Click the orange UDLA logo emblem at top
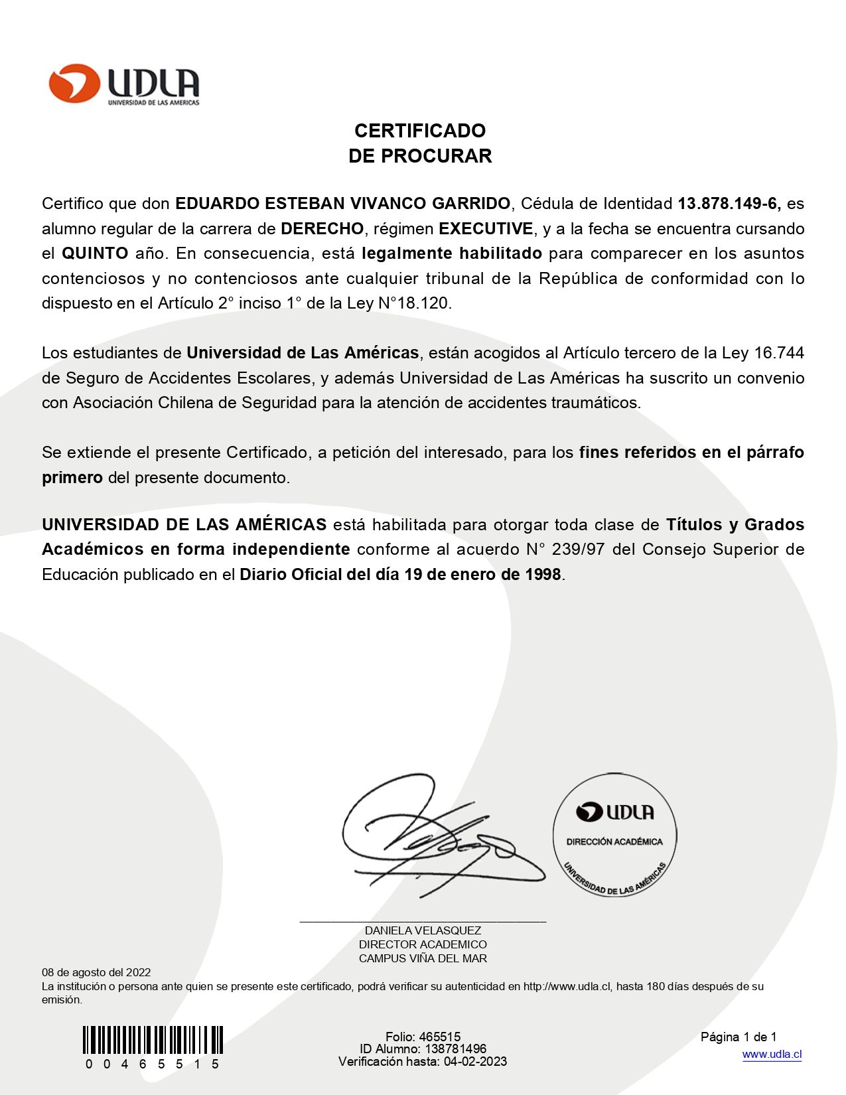coord(74,84)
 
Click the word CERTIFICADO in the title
coord(419,130)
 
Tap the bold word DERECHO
coord(322,228)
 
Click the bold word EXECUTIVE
coord(486,228)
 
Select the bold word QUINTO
coord(95,253)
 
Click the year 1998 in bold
coord(543,574)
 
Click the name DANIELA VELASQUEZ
coord(423,930)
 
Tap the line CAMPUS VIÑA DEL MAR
coord(423,958)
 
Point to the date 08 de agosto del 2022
coord(96,972)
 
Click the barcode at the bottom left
coord(153,1041)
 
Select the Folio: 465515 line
coord(423,1037)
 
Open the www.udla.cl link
coord(772,1055)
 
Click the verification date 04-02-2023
coord(475,1061)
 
